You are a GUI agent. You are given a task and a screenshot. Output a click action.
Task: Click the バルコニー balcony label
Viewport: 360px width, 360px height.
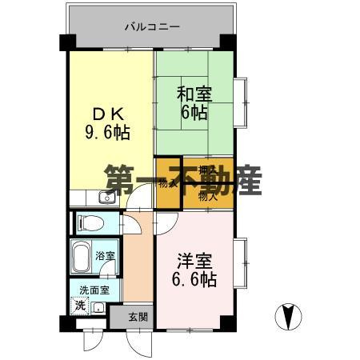(x=152, y=26)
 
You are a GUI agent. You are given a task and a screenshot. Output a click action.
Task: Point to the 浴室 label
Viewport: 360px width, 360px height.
(x=105, y=257)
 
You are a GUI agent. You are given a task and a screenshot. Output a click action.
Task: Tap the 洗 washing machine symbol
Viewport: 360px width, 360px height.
(x=79, y=305)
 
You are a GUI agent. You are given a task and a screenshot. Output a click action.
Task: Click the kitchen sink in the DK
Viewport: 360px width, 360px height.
(x=106, y=198)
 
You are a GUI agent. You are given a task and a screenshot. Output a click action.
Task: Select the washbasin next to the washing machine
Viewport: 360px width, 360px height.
(x=97, y=307)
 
